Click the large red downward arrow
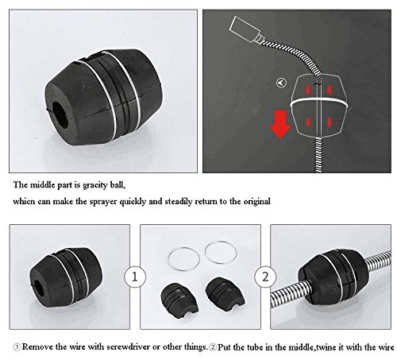[x=279, y=125]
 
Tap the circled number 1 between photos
[x=135, y=277]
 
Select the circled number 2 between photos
[x=265, y=277]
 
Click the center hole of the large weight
[x=60, y=116]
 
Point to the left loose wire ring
[x=184, y=259]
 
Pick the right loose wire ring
[x=221, y=253]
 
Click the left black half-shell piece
[x=179, y=300]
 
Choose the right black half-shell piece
[x=225, y=294]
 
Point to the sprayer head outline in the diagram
[x=245, y=29]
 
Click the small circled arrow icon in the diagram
[x=281, y=83]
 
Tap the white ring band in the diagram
[x=319, y=102]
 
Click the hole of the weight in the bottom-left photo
[x=38, y=288]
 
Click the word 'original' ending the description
[x=256, y=202]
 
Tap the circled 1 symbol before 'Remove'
[x=17, y=347]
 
